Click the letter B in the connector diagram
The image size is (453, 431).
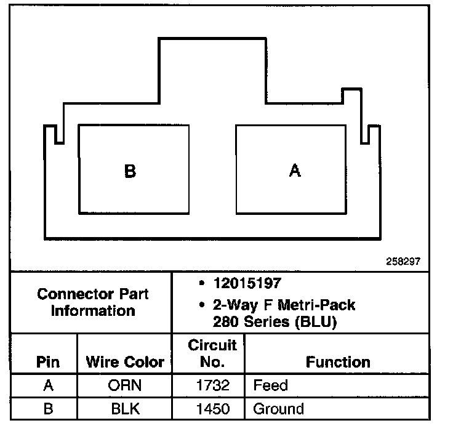pyautogui.click(x=130, y=171)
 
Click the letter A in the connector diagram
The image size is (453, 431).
pyautogui.click(x=295, y=171)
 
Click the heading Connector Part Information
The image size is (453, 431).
pyautogui.click(x=93, y=302)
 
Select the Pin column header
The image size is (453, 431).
pyautogui.click(x=48, y=362)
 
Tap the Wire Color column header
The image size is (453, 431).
pyautogui.click(x=125, y=362)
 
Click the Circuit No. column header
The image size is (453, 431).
pyautogui.click(x=212, y=353)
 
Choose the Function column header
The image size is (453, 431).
pyautogui.click(x=338, y=362)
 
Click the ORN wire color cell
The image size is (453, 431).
pyautogui.click(x=125, y=386)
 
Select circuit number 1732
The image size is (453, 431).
pyautogui.click(x=212, y=386)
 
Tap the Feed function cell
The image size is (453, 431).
pyautogui.click(x=271, y=386)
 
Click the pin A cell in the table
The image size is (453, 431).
pyautogui.click(x=48, y=386)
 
